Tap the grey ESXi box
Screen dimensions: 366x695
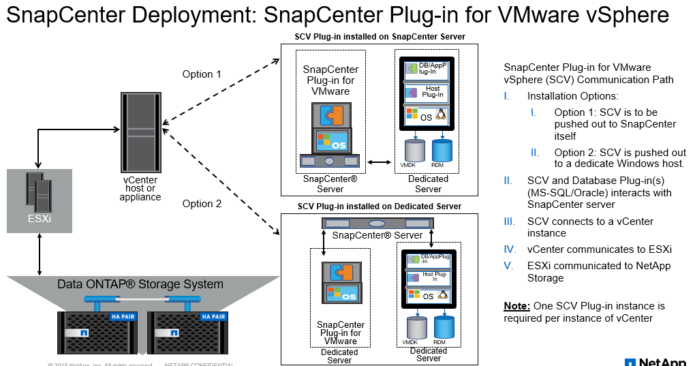pos(40,201)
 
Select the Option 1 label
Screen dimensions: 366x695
pos(202,74)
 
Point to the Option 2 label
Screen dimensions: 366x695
pos(202,204)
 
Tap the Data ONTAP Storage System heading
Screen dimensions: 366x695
pos(140,284)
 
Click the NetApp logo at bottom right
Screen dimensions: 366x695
pos(657,361)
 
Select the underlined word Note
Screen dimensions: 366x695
pos(516,306)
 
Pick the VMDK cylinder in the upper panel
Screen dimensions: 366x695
pos(414,149)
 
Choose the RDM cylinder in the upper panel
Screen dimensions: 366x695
pos(442,149)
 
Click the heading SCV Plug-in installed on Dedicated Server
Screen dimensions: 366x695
pos(379,207)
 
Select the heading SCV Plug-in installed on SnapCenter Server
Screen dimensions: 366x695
pos(380,37)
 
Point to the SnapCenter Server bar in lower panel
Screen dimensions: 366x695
pos(377,224)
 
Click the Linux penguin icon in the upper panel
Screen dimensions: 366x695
pos(441,115)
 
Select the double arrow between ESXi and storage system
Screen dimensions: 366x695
pos(40,254)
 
